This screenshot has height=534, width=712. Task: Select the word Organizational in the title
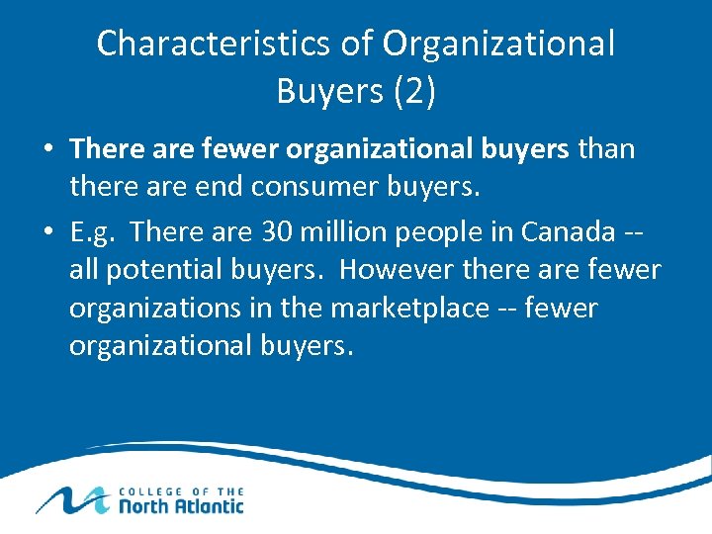[498, 44]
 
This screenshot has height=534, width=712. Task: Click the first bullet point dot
[47, 150]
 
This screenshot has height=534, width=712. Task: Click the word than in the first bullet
[606, 149]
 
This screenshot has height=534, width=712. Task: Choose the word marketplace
[409, 309]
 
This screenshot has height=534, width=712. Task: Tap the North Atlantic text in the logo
[181, 505]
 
